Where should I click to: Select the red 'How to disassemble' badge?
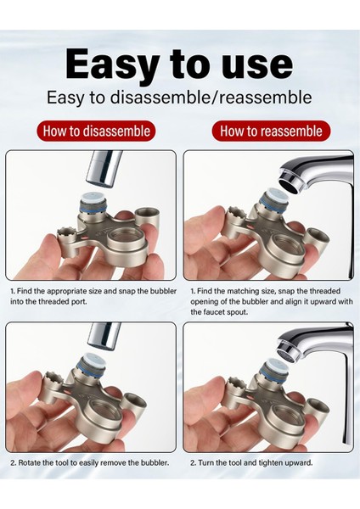coord(96,131)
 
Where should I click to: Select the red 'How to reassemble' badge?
coord(271,131)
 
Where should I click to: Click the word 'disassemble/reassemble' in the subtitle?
coord(211,97)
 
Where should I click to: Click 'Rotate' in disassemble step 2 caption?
coord(27,462)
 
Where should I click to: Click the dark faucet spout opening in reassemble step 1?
coord(291,185)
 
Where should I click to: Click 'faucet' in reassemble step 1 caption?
coord(212,312)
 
